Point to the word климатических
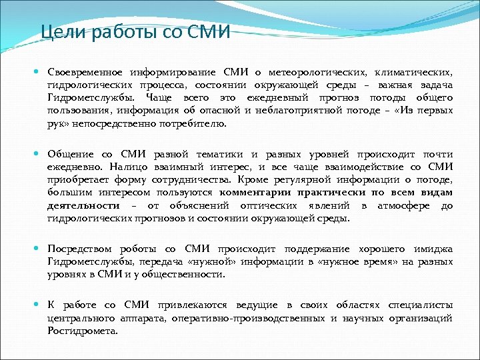point(414,72)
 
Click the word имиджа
point(436,249)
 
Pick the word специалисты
point(419,305)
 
